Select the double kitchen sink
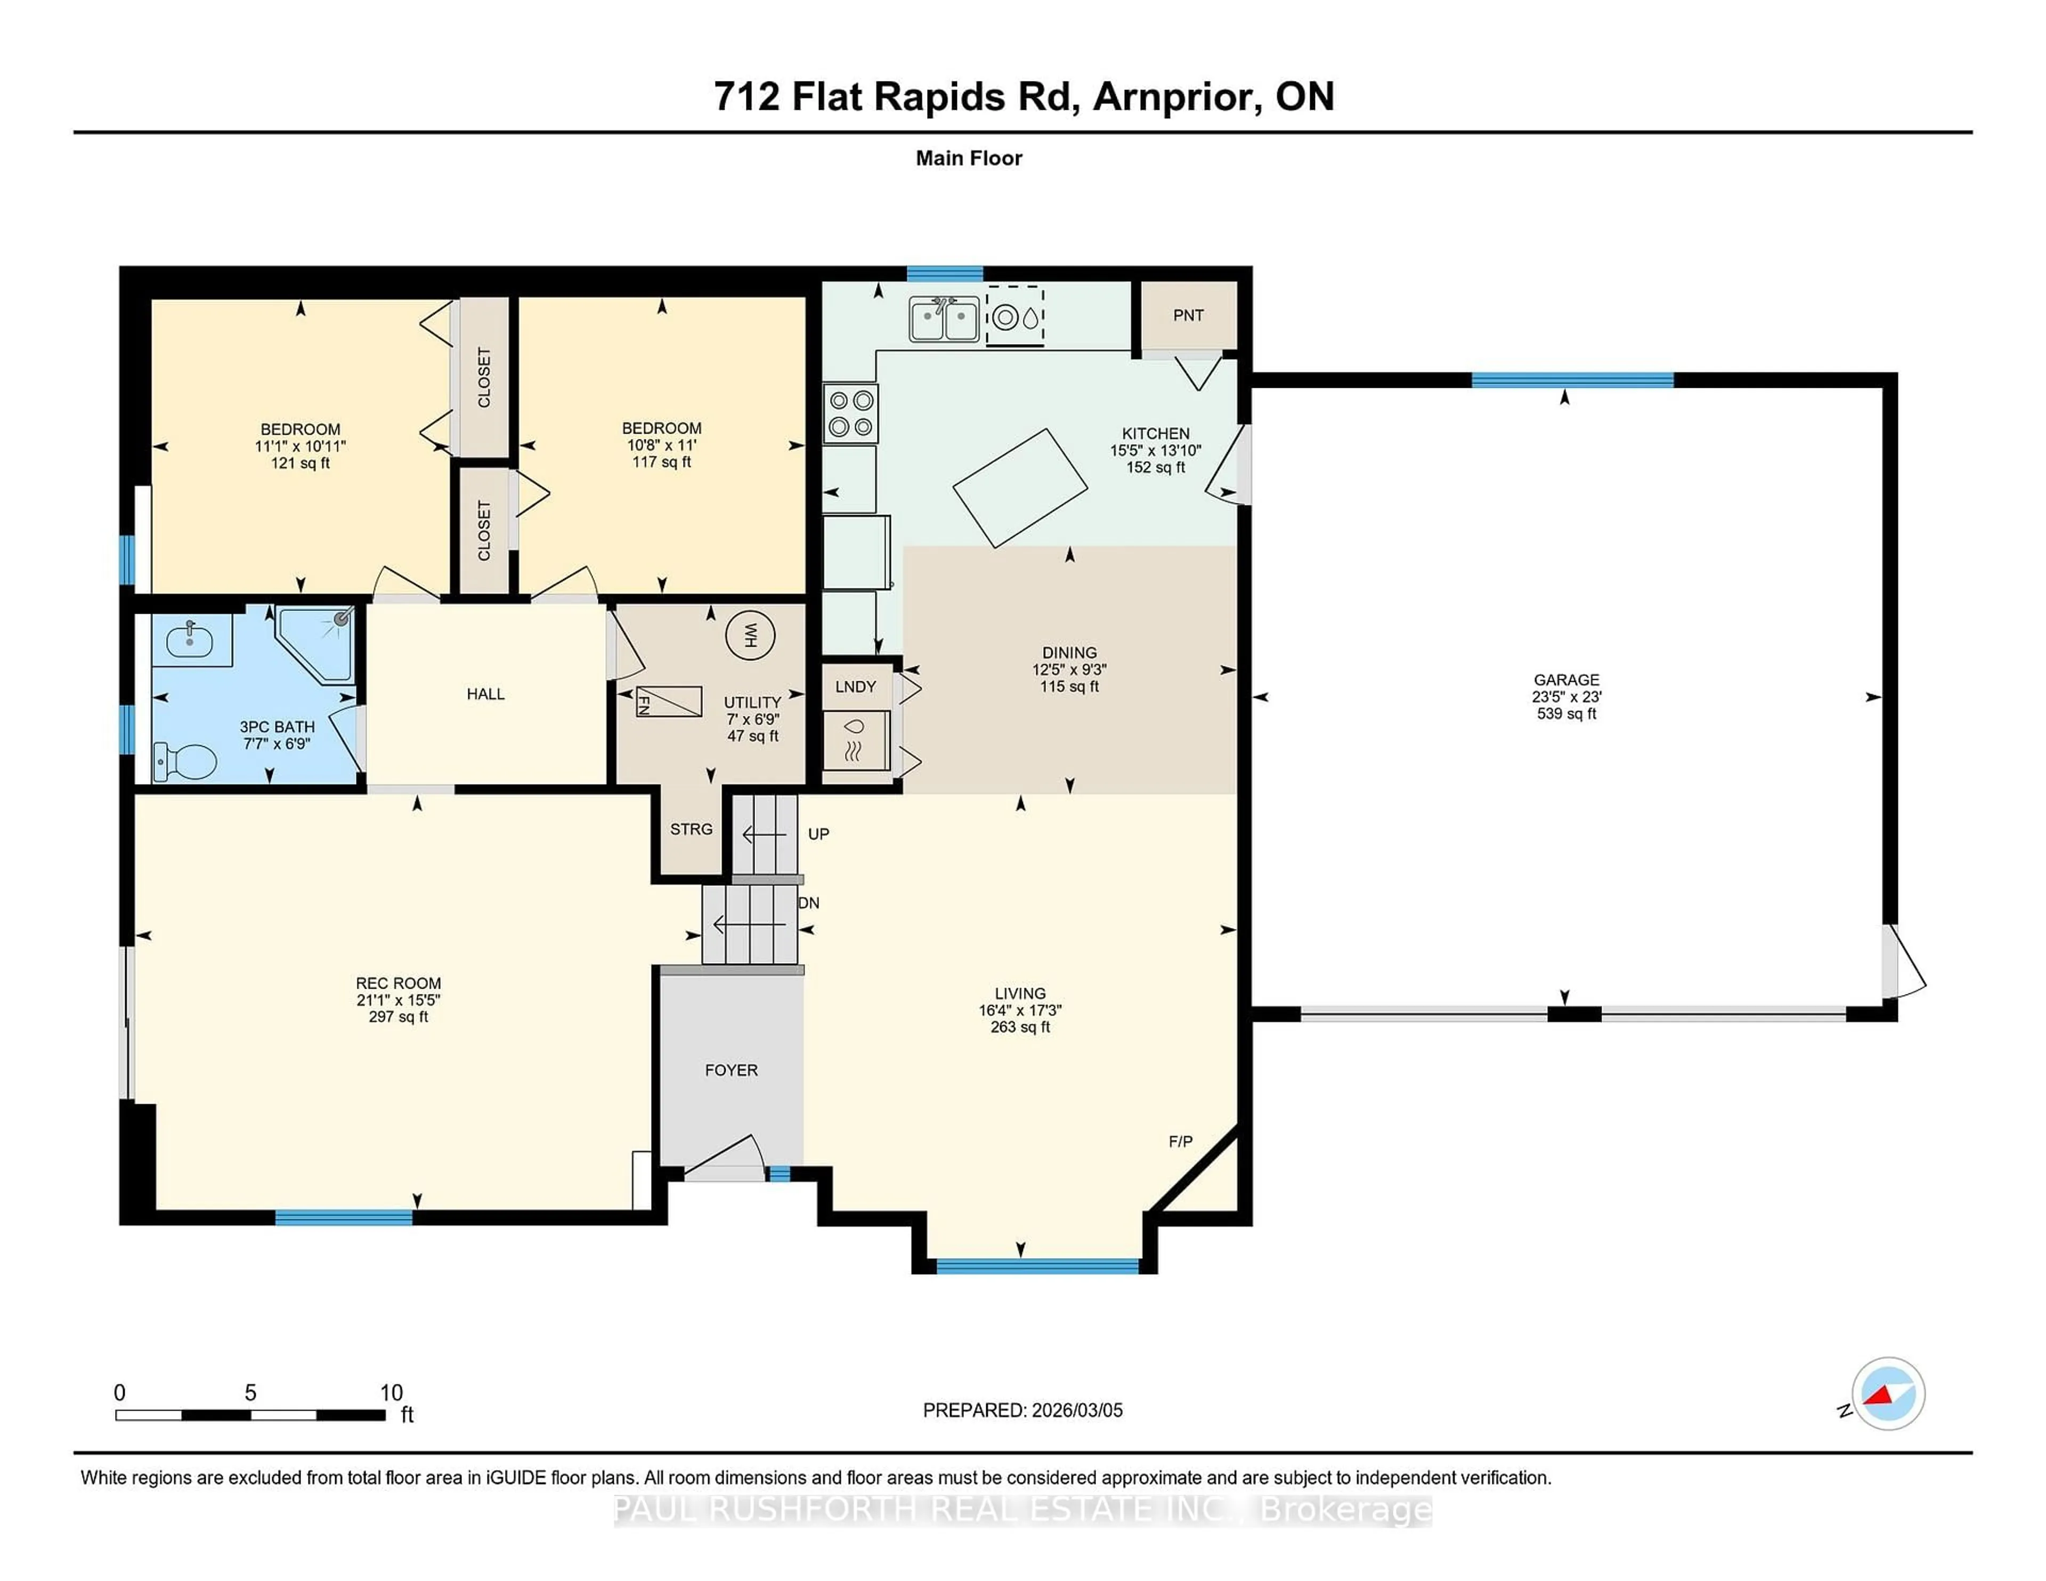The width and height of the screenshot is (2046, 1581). (944, 319)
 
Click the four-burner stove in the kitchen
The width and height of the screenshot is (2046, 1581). (850, 413)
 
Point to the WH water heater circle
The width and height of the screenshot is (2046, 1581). (750, 636)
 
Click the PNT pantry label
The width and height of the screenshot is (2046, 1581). (1188, 316)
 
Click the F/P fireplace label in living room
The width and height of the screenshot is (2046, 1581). (1180, 1141)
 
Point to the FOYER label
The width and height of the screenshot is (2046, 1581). (730, 1070)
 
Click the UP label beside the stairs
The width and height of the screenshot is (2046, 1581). (818, 834)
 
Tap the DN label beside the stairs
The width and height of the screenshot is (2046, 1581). (808, 903)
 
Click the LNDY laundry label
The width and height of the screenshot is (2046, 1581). (855, 687)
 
